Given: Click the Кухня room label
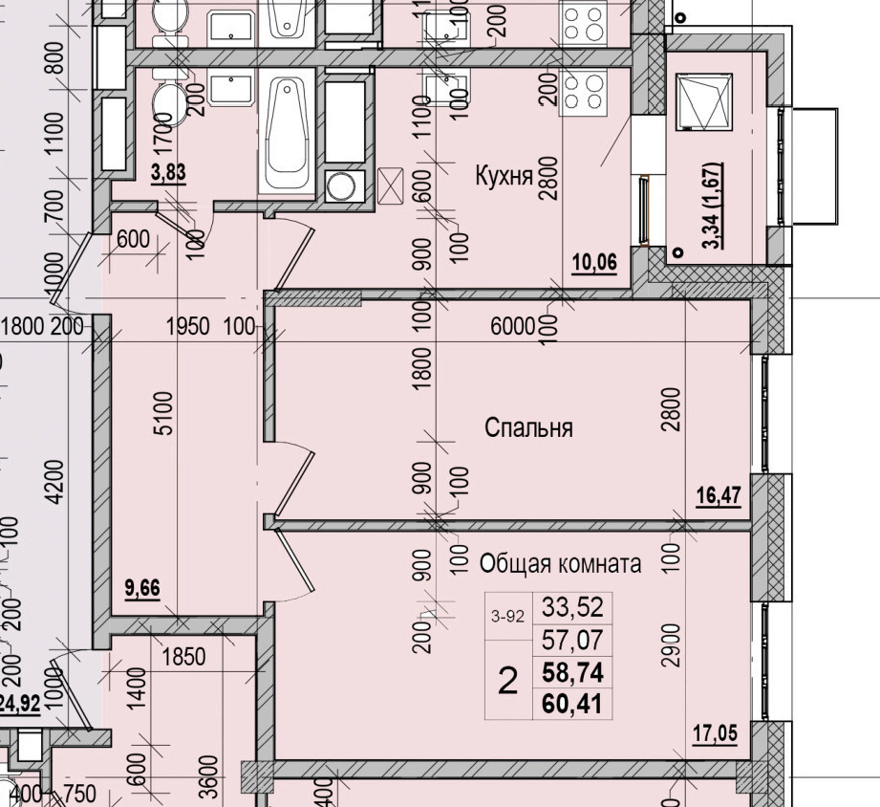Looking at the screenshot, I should pos(504,175).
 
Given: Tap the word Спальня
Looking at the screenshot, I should pos(528,427).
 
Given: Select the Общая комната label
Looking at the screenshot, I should pos(560,563).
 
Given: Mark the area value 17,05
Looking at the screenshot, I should pos(716,734).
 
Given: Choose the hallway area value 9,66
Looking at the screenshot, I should pos(142,588).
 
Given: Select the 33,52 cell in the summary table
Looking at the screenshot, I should pos(572,606).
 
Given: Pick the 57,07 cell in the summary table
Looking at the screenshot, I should pos(572,640).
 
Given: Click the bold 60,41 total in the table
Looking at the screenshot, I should pos(572,707).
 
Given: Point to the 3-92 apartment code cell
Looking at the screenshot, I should pos(508,617).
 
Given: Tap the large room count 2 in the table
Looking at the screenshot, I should pos(508,682).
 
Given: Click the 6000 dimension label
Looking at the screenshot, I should pos(511,327).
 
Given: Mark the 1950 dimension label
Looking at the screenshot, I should pos(187,327).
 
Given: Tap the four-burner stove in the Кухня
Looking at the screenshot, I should pos(583,92).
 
